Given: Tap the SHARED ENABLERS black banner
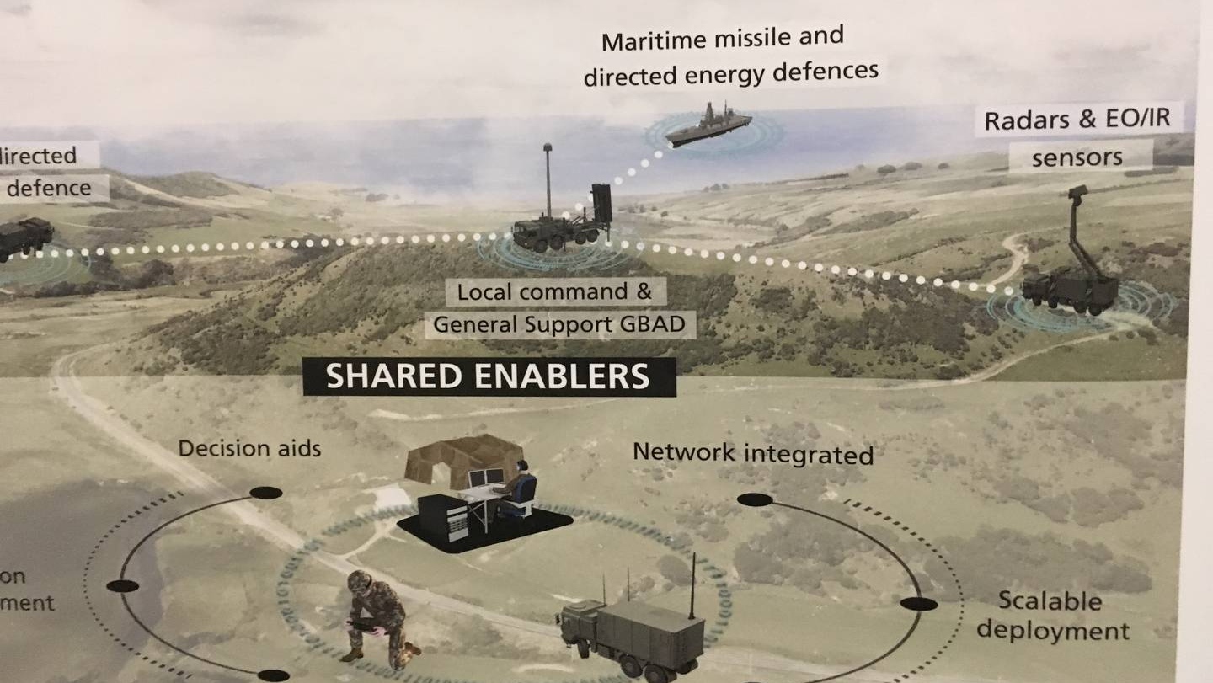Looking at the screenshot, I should click(x=489, y=376).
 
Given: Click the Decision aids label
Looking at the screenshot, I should click(x=249, y=448).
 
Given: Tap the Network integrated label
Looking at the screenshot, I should click(x=752, y=453).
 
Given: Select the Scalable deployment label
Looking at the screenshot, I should click(x=1052, y=616).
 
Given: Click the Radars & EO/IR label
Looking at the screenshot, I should click(x=1077, y=119).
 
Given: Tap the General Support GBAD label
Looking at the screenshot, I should click(x=559, y=323).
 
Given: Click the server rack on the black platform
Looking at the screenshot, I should click(x=442, y=516).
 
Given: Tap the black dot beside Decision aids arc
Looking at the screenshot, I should click(x=265, y=493).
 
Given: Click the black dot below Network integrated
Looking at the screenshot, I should click(x=755, y=499).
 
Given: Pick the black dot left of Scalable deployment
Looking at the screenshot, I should click(x=918, y=604).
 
